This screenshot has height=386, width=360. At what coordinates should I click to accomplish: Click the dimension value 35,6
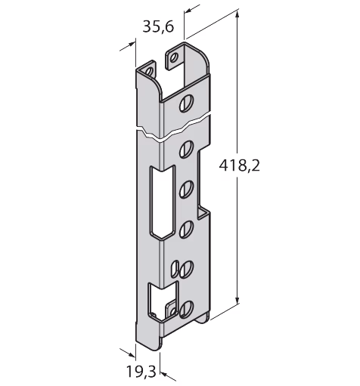[x=158, y=26]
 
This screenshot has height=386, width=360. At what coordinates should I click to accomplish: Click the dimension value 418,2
[x=239, y=165]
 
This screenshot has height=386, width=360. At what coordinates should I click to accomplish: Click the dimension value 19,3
[x=141, y=371]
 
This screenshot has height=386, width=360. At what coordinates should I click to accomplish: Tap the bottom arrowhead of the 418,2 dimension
[x=237, y=300]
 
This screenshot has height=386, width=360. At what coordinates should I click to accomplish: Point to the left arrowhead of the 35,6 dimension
[x=131, y=45]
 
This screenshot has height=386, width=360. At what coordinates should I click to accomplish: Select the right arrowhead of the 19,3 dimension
[x=164, y=374]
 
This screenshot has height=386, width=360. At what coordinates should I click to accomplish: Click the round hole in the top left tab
[x=149, y=72]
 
